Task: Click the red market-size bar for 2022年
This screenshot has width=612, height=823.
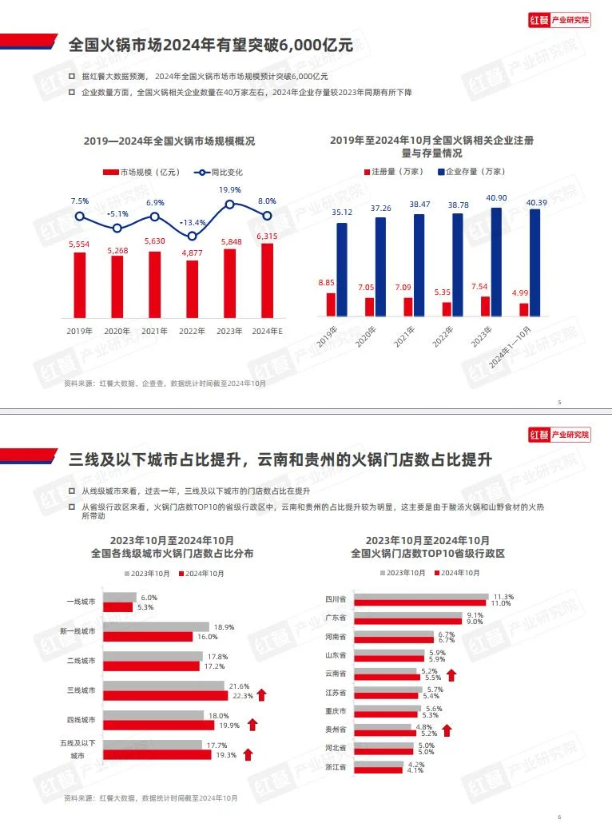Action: tap(192, 288)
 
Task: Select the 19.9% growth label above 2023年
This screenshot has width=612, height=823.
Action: tap(230, 189)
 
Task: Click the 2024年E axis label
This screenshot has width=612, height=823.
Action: tap(268, 331)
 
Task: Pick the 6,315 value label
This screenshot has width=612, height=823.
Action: tap(268, 236)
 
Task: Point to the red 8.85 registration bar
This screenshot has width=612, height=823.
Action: tap(331, 304)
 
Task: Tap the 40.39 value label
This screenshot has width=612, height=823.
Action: tap(535, 202)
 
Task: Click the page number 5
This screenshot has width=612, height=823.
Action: tap(559, 402)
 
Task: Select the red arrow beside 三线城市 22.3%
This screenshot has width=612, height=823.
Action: tap(261, 695)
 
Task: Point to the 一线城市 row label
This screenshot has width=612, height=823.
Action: tap(81, 602)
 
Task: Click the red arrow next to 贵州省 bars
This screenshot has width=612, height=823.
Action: tap(447, 730)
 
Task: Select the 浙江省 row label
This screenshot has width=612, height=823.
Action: tap(337, 767)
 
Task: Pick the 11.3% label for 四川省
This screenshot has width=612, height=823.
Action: tap(503, 597)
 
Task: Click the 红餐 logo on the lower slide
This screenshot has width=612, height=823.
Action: tap(539, 435)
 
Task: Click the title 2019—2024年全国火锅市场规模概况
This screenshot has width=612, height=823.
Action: tap(169, 141)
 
